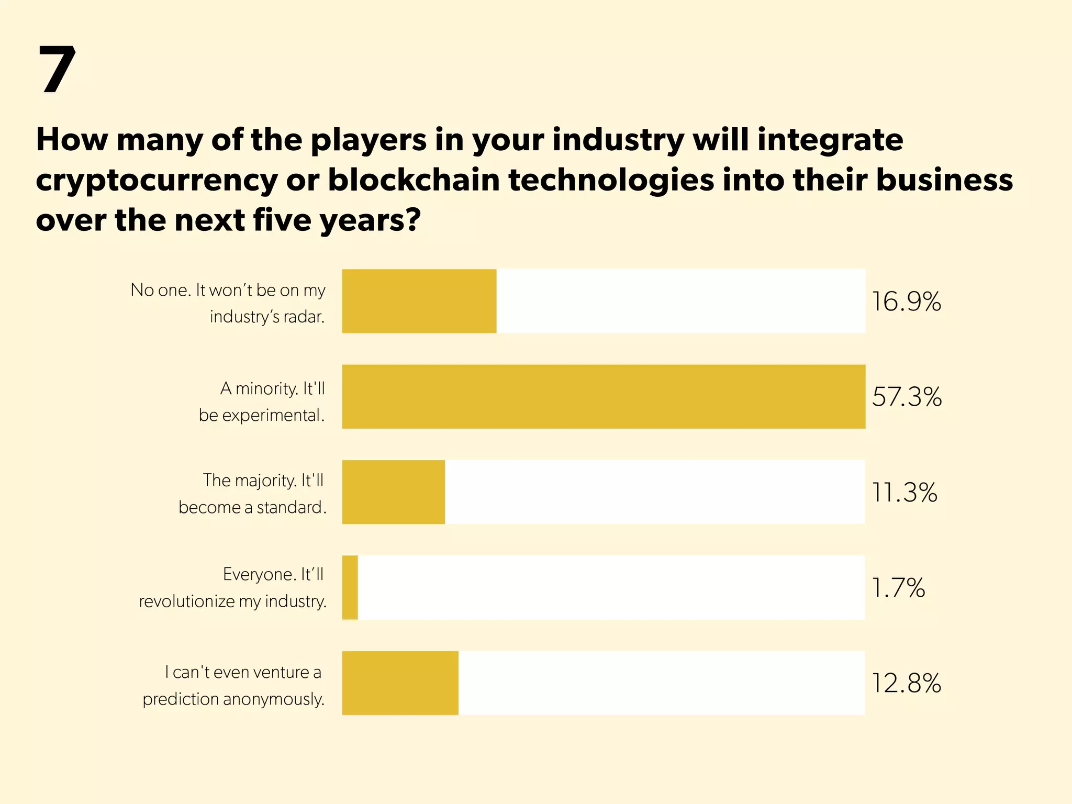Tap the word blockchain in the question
pos(414,180)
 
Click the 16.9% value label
pos(906,302)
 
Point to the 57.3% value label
pos(907,397)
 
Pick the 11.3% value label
pos(904,493)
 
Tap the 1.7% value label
pos(898,588)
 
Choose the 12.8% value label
pos(906,684)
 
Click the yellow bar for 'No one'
pos(419,301)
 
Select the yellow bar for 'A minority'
pos(603,397)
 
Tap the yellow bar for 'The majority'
pos(393,492)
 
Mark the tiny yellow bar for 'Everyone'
pos(350,588)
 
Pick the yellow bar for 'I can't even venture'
pos(400,683)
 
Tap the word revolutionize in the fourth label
pos(187,601)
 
